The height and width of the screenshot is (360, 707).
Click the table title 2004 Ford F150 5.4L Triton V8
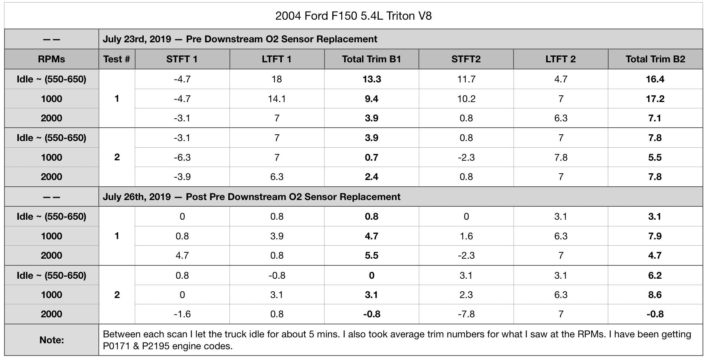[353, 16]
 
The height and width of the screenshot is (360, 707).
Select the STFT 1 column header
[182, 59]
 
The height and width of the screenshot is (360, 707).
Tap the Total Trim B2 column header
[655, 59]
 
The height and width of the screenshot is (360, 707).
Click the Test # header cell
[117, 59]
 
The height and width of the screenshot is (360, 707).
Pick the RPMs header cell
[51, 59]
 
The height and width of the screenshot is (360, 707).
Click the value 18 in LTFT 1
[277, 79]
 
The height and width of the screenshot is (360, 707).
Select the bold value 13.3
[372, 79]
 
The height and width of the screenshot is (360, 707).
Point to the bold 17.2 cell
[655, 99]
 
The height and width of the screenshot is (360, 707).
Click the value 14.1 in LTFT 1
[277, 99]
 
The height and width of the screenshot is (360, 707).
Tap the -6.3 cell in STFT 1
[182, 157]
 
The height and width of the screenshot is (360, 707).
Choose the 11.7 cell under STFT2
[466, 79]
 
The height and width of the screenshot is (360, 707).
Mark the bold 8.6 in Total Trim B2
[655, 295]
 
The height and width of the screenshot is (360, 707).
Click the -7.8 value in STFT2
[466, 314]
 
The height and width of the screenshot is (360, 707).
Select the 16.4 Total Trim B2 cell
[655, 79]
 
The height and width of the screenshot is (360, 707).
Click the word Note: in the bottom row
[52, 340]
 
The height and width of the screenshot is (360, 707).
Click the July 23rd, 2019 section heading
[240, 39]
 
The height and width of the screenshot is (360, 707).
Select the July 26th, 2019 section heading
[251, 197]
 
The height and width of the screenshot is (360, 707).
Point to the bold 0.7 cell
[372, 157]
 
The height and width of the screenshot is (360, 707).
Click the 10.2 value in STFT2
[466, 99]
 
